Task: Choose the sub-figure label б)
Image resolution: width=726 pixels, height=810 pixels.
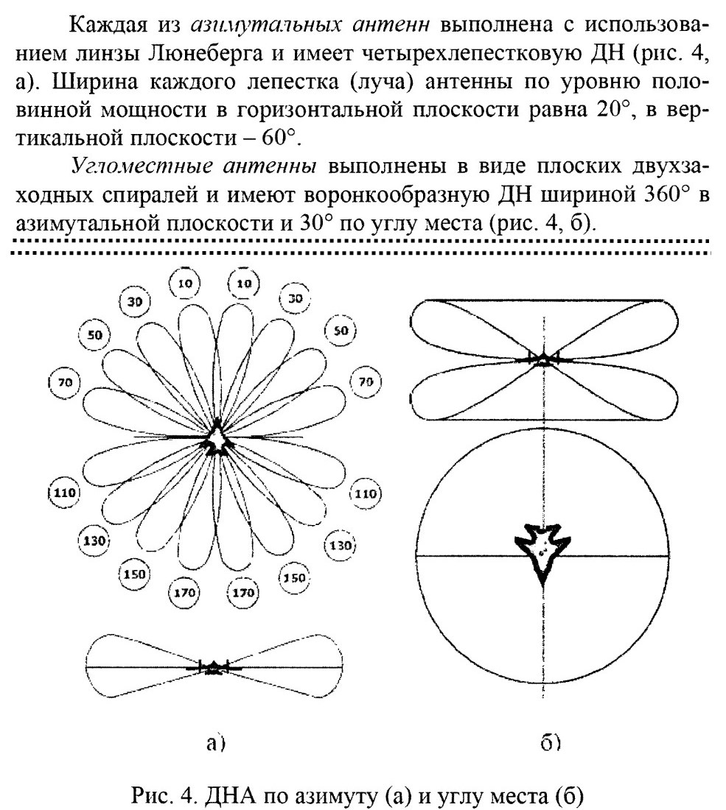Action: click(x=551, y=742)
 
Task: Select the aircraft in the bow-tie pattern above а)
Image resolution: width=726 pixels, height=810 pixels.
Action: click(x=212, y=667)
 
